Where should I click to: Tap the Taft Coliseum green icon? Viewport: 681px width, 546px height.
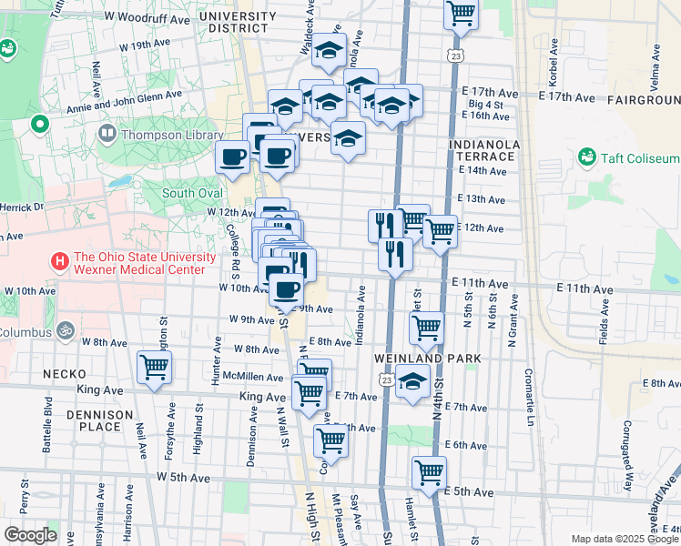click(x=585, y=157)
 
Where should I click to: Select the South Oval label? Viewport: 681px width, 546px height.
click(x=192, y=193)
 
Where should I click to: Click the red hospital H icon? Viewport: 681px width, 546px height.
click(x=61, y=262)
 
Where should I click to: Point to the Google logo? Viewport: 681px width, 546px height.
click(x=30, y=534)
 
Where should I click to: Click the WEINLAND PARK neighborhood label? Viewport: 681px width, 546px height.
click(x=426, y=359)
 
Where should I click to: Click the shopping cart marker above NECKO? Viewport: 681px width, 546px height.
click(x=155, y=369)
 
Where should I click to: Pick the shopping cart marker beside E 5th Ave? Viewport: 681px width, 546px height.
click(x=429, y=473)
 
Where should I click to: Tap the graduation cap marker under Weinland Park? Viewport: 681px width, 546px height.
click(x=412, y=384)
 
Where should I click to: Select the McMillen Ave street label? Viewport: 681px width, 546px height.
click(x=252, y=377)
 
